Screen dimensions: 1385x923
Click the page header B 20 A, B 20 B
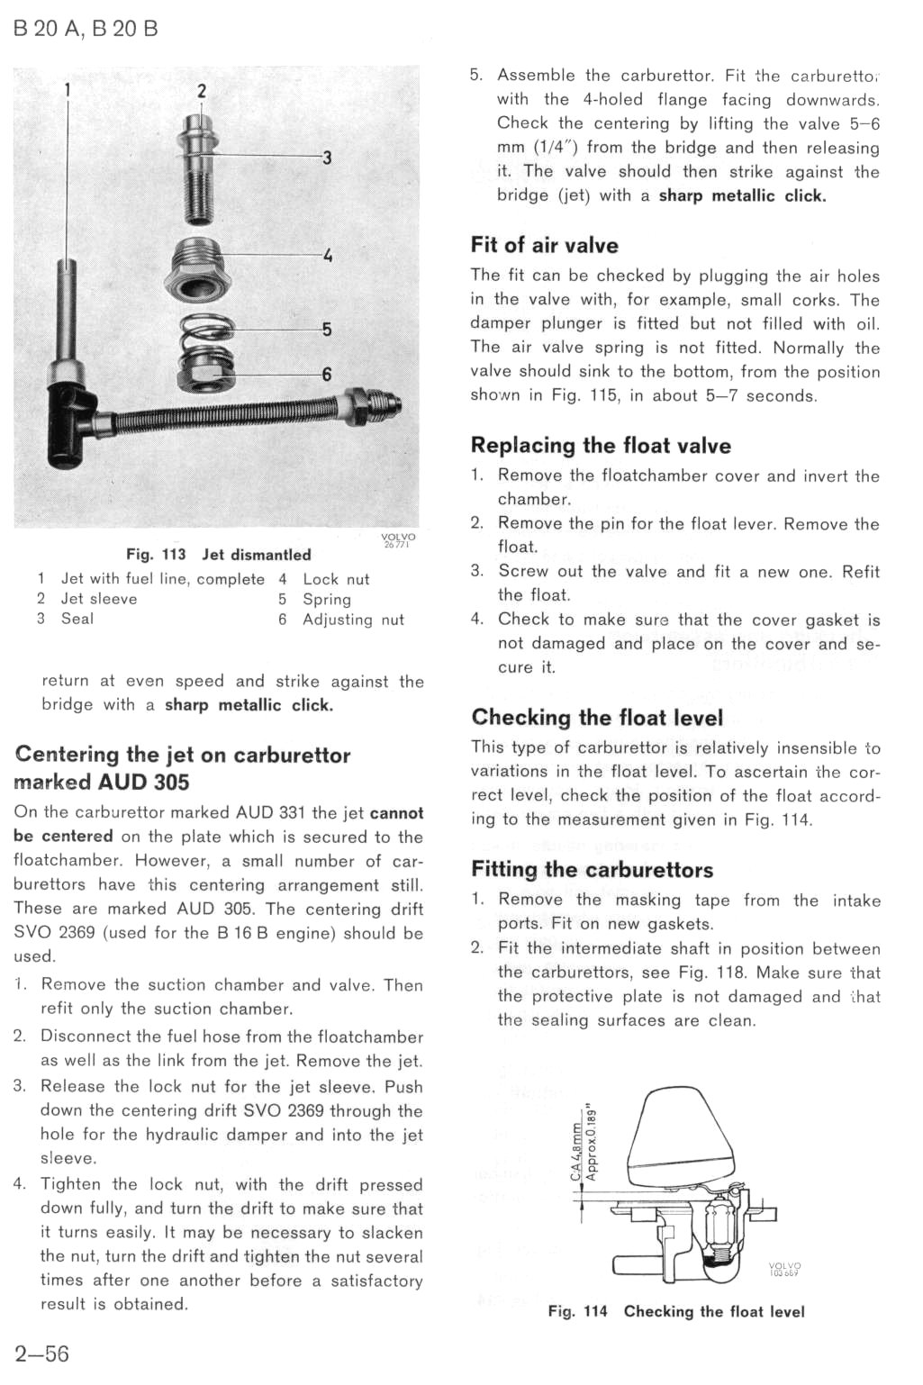pyautogui.click(x=86, y=29)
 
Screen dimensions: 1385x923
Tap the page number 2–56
pyautogui.click(x=41, y=1353)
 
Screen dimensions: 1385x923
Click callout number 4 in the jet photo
pyautogui.click(x=328, y=255)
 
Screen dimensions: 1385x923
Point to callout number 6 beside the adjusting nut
pyautogui.click(x=326, y=374)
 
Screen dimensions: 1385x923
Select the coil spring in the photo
pyautogui.click(x=206, y=330)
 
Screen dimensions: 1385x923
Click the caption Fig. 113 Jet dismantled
pyautogui.click(x=219, y=555)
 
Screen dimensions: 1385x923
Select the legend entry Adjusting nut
pyautogui.click(x=353, y=620)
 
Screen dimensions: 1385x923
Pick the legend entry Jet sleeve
pyautogui.click(x=99, y=599)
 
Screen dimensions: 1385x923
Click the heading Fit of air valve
pyautogui.click(x=544, y=245)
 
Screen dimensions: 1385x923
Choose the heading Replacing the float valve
pyautogui.click(x=601, y=446)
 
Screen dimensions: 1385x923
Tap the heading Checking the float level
pyautogui.click(x=597, y=718)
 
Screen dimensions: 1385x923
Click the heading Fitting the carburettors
pyautogui.click(x=592, y=870)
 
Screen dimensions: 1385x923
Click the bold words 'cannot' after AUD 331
pyautogui.click(x=396, y=812)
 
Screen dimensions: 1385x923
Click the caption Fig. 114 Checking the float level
pyautogui.click(x=676, y=1312)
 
